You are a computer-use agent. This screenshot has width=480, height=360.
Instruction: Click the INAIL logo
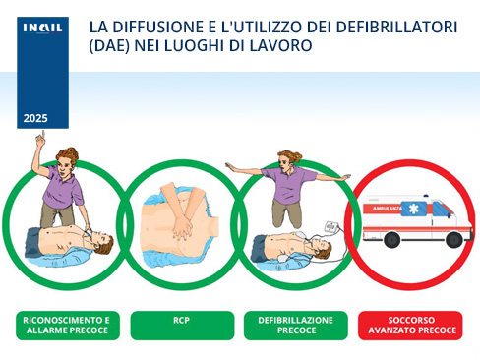click(42, 29)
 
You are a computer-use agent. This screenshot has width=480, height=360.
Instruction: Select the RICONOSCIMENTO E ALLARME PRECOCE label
click(68, 325)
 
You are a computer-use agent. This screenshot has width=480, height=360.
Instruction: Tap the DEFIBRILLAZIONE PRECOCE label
click(295, 325)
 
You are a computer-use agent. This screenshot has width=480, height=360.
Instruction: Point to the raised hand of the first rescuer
click(39, 141)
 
